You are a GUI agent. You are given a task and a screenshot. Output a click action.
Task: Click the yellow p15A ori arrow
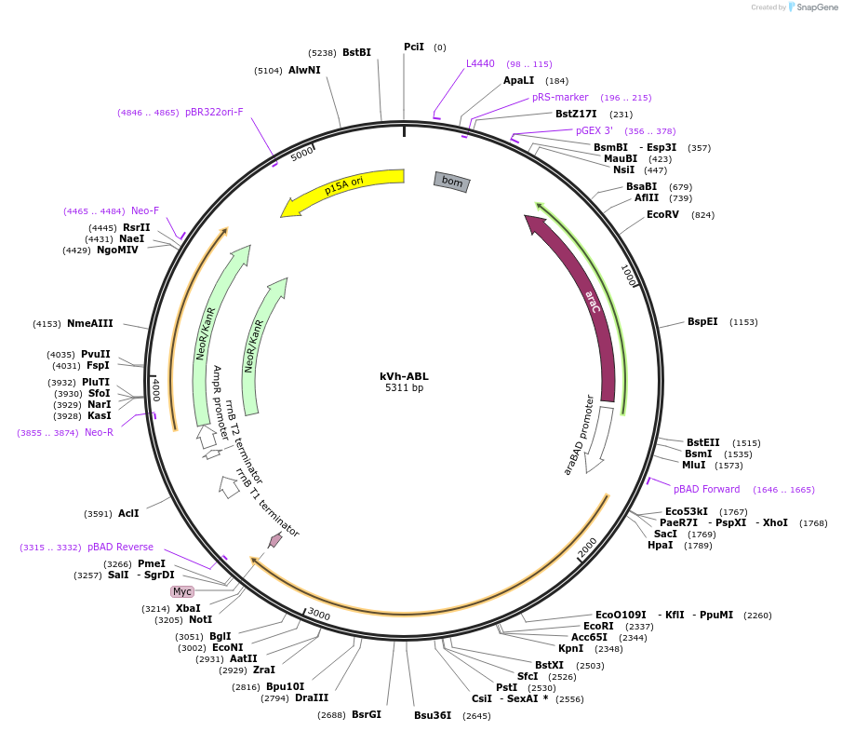pyautogui.click(x=343, y=186)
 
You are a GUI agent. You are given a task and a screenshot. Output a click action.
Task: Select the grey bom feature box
pyautogui.click(x=451, y=182)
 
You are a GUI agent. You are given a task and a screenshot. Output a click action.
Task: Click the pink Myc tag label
pyautogui.click(x=182, y=591)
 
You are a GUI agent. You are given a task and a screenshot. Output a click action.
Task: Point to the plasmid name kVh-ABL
pyautogui.click(x=404, y=376)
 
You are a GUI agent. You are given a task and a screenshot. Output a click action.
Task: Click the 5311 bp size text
pyautogui.click(x=404, y=387)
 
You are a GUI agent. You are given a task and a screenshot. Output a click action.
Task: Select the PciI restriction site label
pyautogui.click(x=414, y=47)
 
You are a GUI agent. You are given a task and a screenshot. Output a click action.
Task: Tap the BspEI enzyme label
pyautogui.click(x=702, y=321)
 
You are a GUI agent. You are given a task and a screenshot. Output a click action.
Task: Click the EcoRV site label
pyautogui.click(x=662, y=214)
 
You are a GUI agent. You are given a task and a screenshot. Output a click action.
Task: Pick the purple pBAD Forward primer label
pyautogui.click(x=707, y=489)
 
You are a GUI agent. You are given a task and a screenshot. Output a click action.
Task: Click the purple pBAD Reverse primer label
pyautogui.click(x=120, y=547)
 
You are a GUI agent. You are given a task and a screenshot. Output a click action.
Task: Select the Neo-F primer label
pyautogui.click(x=145, y=210)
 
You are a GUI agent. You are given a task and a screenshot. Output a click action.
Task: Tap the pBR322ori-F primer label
pyautogui.click(x=214, y=112)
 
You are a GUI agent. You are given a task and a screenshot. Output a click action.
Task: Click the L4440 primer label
pyautogui.click(x=480, y=63)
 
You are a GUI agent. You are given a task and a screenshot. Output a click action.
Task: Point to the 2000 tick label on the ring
pyautogui.click(x=587, y=548)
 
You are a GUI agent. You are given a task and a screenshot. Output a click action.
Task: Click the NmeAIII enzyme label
pyautogui.click(x=90, y=323)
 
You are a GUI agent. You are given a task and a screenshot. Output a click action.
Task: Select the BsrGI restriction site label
pyautogui.click(x=367, y=714)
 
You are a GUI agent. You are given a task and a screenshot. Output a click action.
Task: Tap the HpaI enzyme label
pyautogui.click(x=660, y=545)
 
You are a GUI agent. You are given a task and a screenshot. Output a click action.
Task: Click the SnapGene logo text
pyautogui.click(x=817, y=7)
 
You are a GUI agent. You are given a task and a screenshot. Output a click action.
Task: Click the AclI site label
pyautogui.click(x=128, y=513)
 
